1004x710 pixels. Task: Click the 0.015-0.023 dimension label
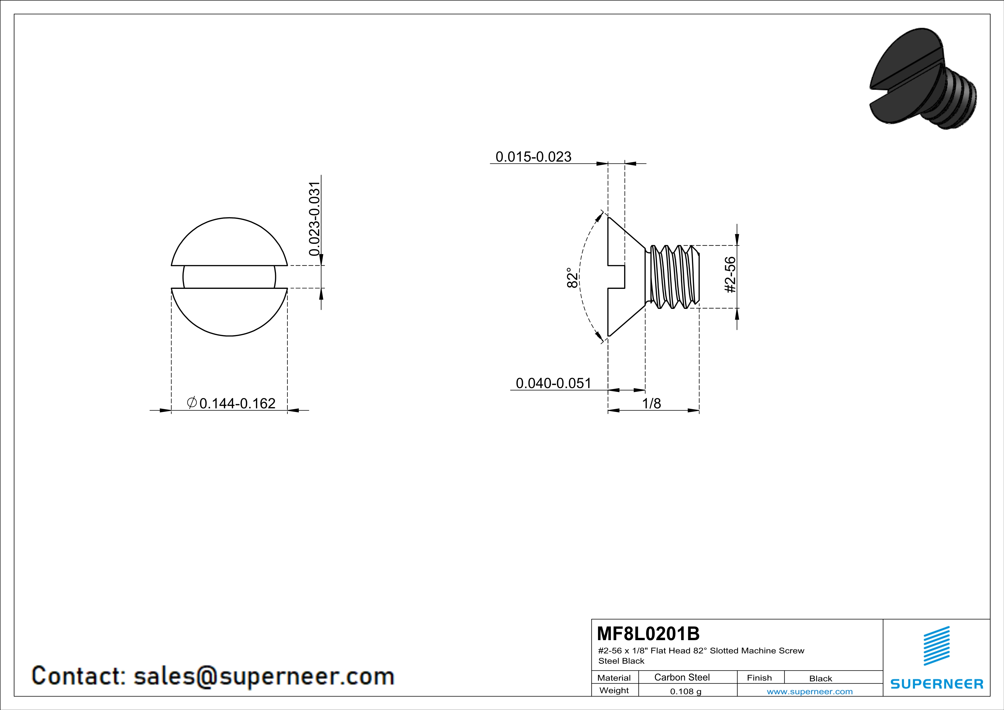click(533, 157)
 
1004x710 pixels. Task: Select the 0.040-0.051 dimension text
click(553, 383)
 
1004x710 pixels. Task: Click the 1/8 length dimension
click(651, 403)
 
